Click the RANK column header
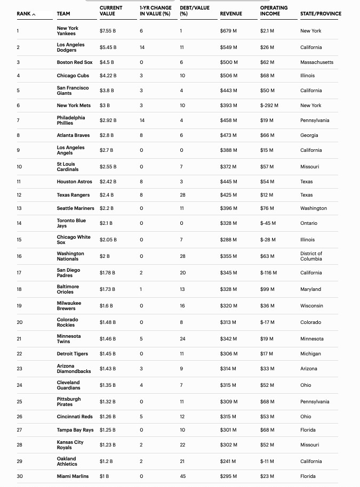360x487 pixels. [x=23, y=14]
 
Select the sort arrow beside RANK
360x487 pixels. [x=34, y=14]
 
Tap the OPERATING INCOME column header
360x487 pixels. [x=274, y=11]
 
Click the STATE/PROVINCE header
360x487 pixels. [x=321, y=14]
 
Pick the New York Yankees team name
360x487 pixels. [x=68, y=31]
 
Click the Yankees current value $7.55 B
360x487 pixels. [x=107, y=31]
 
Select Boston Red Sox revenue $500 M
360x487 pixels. [x=229, y=62]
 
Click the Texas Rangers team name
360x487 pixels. [x=73, y=195]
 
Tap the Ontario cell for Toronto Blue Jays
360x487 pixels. [x=309, y=223]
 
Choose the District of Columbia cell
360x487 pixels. [x=311, y=256]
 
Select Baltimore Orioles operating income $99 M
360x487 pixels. [x=267, y=289]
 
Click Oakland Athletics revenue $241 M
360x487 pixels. [x=228, y=461]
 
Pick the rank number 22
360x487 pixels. [x=20, y=354]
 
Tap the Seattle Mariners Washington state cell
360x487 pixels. [x=314, y=208]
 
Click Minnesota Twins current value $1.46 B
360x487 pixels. [x=108, y=339]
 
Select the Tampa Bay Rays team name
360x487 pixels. [x=75, y=430]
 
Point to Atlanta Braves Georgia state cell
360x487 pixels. [x=309, y=135]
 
